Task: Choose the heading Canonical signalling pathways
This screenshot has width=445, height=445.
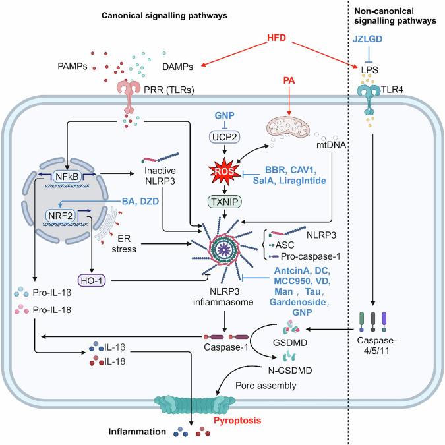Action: point(174,13)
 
